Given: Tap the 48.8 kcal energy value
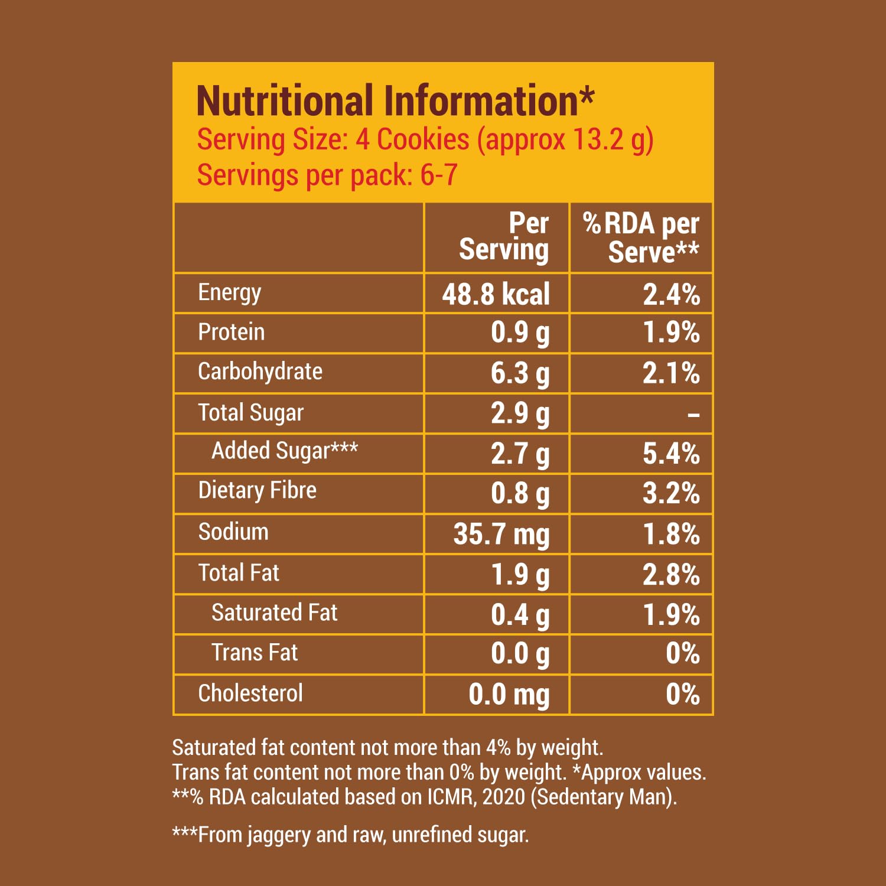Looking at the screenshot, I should click(x=496, y=294).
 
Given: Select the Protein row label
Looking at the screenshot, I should click(x=231, y=332).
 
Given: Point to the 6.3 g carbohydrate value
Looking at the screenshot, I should click(x=520, y=374).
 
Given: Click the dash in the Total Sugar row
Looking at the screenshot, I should click(x=693, y=415).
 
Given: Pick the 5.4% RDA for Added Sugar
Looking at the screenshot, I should click(x=671, y=454).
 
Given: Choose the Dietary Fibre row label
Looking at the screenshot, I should click(x=257, y=490).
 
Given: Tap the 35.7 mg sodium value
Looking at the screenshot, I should click(x=501, y=535).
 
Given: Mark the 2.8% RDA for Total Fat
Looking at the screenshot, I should click(x=671, y=575).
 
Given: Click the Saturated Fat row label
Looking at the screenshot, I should click(x=274, y=613).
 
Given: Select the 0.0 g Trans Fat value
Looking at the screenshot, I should click(x=520, y=654).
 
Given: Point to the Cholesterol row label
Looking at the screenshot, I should click(x=250, y=693).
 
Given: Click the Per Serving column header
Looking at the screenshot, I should click(x=504, y=236).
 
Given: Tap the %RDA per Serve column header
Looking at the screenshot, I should click(x=641, y=237).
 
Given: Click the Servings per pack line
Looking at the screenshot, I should click(x=327, y=175).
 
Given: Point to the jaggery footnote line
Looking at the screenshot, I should click(x=350, y=835).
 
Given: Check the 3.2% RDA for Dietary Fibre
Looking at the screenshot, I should click(x=671, y=494).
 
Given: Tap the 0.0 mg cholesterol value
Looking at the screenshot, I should click(x=509, y=695).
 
